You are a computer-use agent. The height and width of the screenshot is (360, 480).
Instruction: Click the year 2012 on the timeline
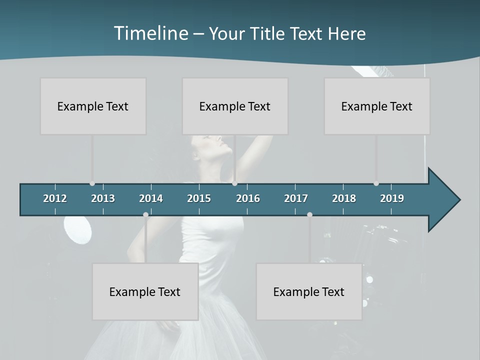[55, 198]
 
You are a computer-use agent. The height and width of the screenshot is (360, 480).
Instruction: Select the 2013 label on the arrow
[103, 198]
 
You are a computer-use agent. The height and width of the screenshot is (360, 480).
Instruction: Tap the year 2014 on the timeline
[151, 198]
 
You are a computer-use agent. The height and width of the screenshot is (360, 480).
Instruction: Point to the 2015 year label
[199, 198]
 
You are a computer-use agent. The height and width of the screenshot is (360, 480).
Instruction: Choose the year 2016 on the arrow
[248, 198]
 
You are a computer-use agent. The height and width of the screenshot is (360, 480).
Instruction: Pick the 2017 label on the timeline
[296, 198]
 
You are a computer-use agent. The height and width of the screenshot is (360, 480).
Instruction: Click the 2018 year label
[344, 198]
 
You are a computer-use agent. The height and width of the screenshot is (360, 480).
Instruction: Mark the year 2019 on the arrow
[392, 198]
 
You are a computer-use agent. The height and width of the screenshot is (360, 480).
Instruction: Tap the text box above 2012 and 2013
[93, 106]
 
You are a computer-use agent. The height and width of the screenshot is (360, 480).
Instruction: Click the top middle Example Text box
[235, 106]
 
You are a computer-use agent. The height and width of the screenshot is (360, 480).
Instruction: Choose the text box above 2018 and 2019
[377, 106]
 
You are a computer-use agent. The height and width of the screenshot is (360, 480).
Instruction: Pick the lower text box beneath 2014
[145, 291]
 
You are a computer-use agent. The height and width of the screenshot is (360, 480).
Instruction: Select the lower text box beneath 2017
[309, 291]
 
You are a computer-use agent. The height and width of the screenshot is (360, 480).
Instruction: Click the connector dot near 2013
[92, 183]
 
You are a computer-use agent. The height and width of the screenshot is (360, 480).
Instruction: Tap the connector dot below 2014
[145, 214]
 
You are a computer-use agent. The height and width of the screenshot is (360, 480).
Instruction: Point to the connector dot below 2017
[309, 214]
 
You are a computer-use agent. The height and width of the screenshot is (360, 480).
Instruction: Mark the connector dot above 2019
[376, 183]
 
